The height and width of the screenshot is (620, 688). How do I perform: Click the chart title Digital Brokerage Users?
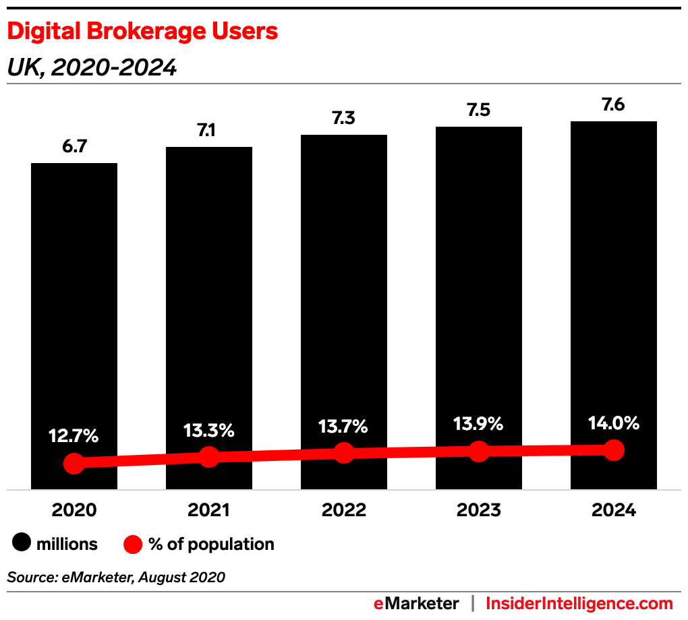[142, 32]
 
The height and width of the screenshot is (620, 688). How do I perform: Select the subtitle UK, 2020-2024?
[92, 67]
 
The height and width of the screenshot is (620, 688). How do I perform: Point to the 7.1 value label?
[208, 130]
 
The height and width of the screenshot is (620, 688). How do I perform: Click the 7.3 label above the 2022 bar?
[343, 118]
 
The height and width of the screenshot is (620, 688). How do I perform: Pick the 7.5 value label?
[478, 110]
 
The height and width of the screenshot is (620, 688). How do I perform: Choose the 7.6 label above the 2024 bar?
[613, 104]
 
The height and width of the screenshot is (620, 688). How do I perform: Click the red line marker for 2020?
[74, 463]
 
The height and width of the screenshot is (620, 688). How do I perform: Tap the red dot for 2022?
[344, 453]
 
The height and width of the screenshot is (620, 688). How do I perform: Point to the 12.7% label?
[74, 436]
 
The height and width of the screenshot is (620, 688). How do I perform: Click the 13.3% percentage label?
[208, 430]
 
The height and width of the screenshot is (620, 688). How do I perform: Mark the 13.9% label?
[478, 424]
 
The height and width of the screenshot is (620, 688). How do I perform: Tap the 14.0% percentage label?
[613, 423]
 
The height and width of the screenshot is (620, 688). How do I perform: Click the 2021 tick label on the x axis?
[208, 510]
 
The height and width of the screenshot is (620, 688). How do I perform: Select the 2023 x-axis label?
[478, 510]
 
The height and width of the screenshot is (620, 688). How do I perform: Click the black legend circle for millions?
[23, 544]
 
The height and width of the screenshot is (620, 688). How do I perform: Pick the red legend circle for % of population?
[134, 544]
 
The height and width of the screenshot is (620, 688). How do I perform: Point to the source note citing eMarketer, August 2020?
[116, 577]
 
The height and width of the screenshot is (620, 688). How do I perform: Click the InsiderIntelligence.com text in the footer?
[579, 603]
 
